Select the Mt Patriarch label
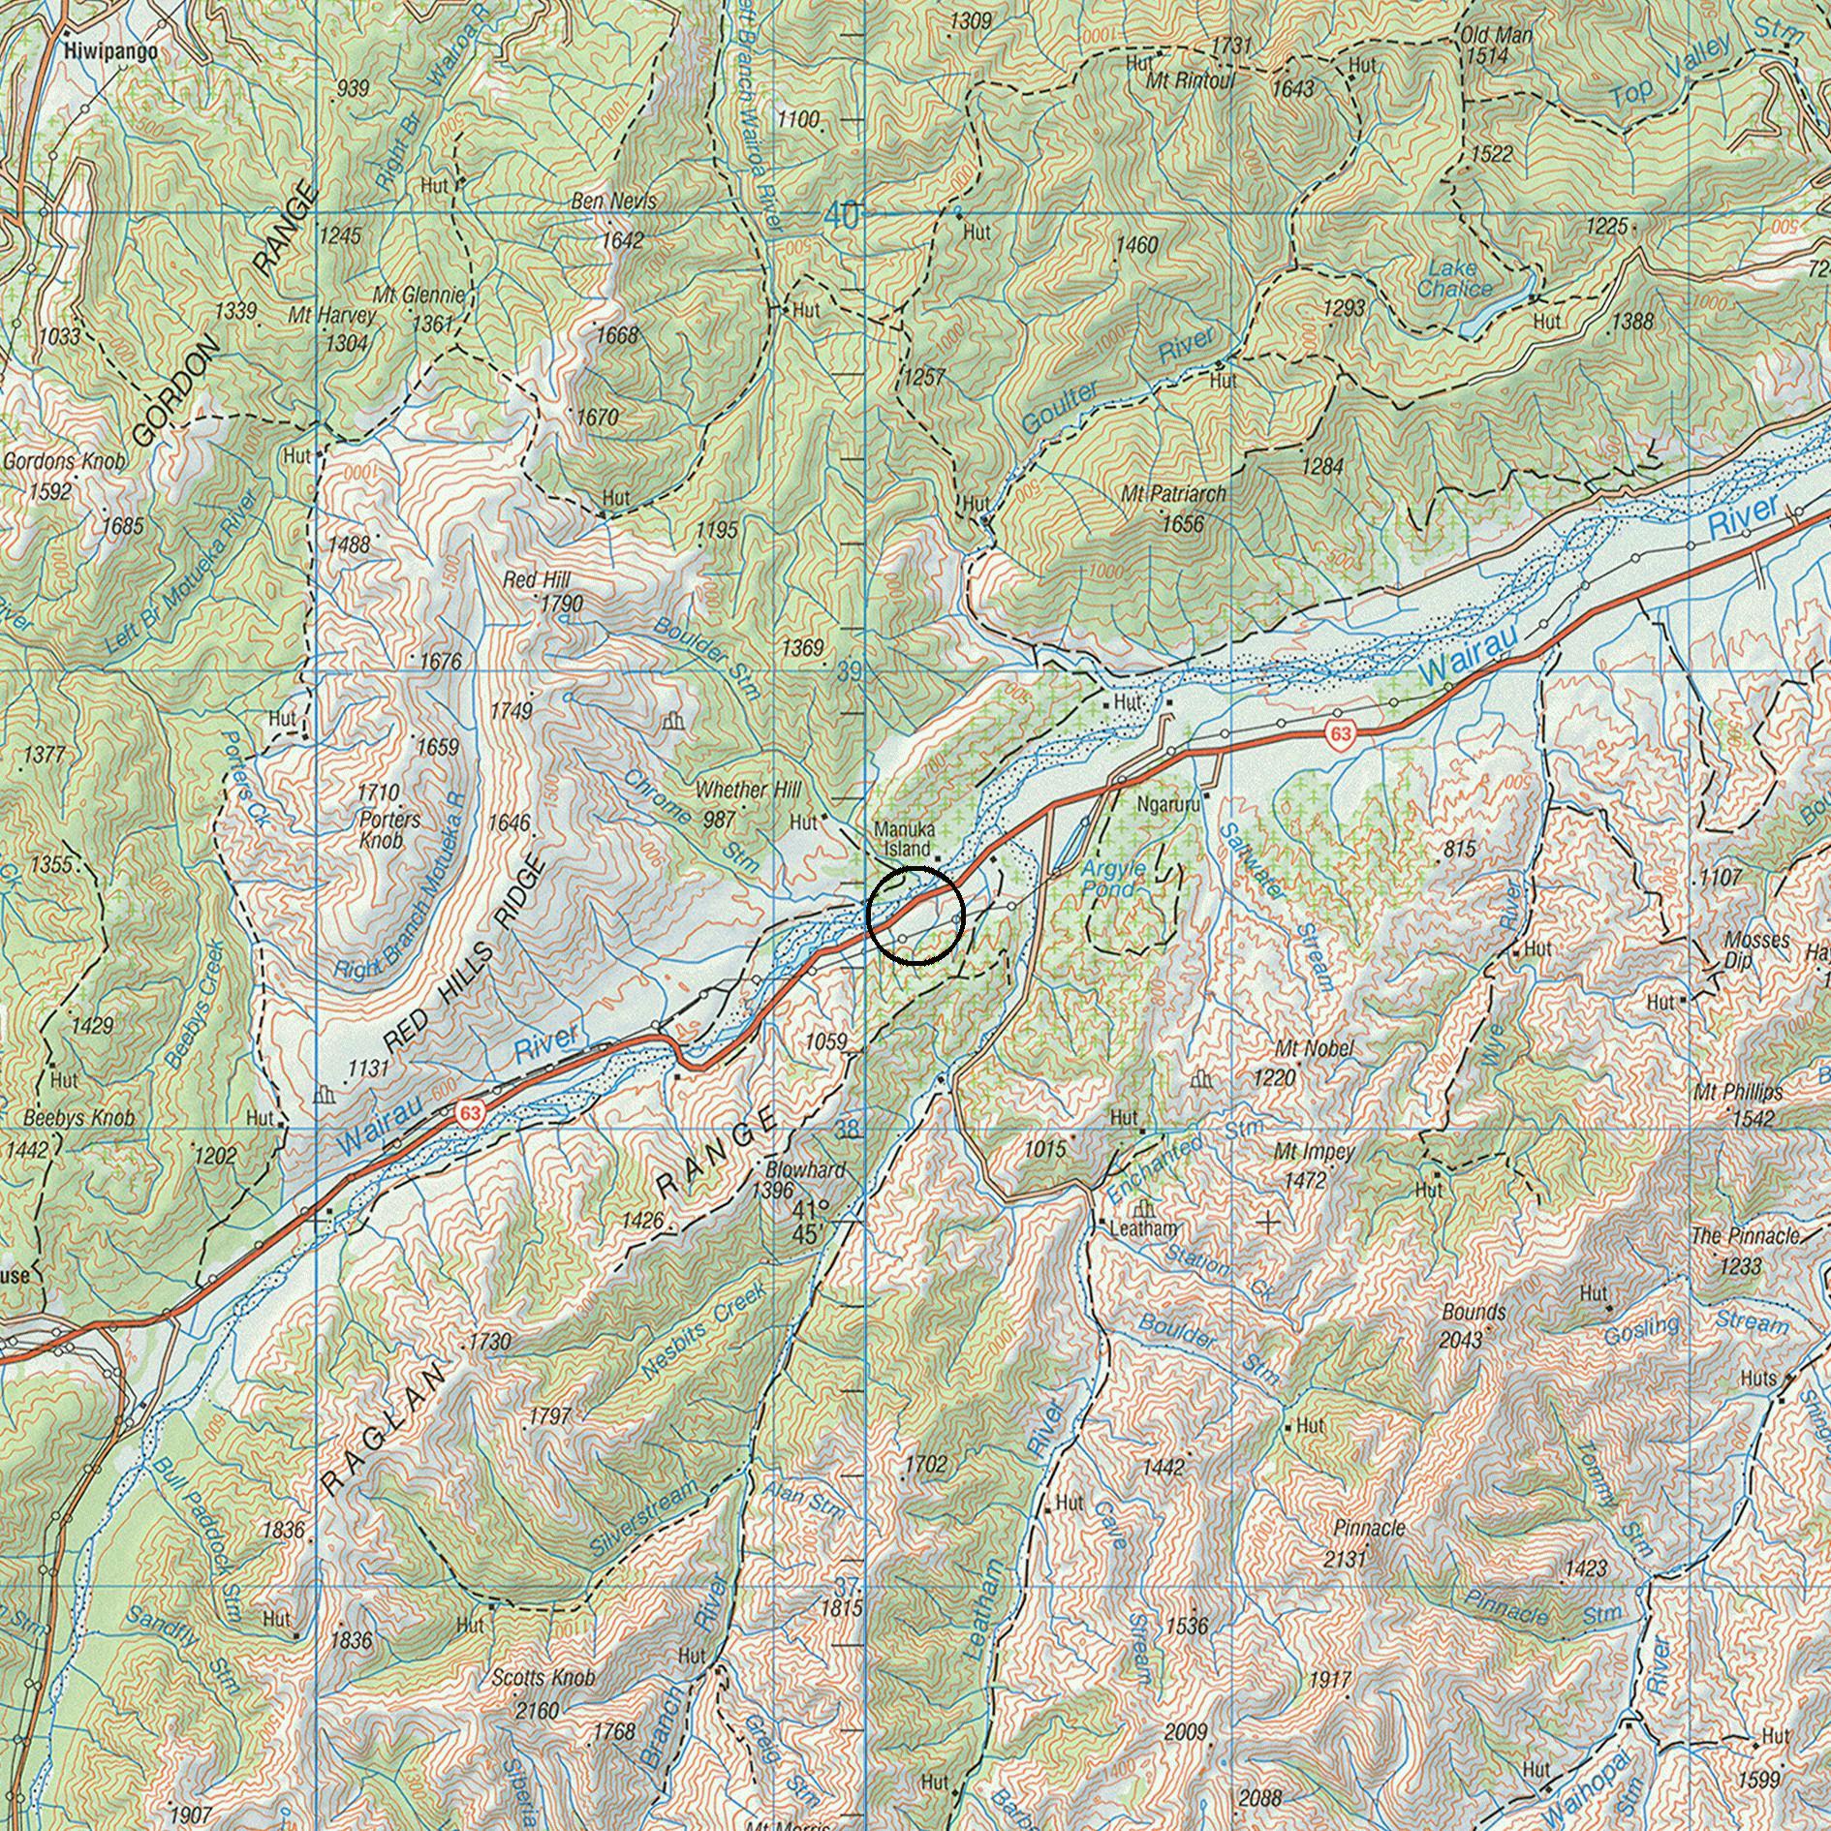(1173, 494)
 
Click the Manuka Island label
(902, 839)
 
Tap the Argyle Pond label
(1114, 878)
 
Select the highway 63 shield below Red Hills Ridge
(471, 1113)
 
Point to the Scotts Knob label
(543, 1677)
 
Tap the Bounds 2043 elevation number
(1462, 1339)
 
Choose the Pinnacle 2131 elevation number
(1345, 1558)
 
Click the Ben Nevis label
(613, 202)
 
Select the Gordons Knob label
(64, 462)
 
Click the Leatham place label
(1143, 1228)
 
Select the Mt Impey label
(1314, 1153)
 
